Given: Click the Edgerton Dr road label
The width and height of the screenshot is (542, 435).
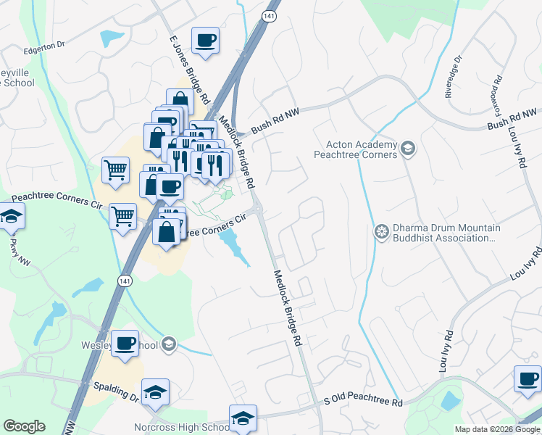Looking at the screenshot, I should pos(44,45).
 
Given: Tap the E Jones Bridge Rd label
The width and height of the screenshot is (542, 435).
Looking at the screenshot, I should pos(190,70).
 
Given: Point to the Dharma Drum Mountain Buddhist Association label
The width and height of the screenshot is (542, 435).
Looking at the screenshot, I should pos(443,233).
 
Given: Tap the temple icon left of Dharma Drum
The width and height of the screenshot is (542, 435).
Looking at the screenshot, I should pos(381,232).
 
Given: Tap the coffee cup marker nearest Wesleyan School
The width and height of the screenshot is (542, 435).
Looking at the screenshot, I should pos(125,343).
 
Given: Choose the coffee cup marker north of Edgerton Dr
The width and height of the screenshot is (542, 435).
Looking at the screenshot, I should pos(205,40).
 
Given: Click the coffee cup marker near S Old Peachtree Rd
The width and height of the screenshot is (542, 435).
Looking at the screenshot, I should pos(527,378).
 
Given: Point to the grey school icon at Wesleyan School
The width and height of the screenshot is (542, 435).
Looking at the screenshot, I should pos(170,344).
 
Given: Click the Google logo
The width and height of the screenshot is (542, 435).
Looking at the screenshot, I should pos(24,426).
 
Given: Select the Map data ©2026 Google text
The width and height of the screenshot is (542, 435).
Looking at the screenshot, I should pos(497,429).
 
